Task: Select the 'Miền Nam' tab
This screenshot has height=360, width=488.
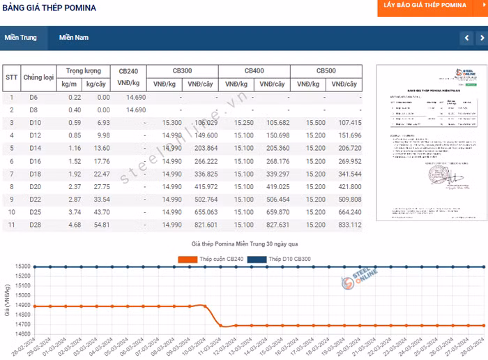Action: coord(74,38)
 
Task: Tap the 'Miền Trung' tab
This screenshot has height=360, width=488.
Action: coord(20,38)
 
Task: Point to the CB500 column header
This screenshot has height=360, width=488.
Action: coord(326,71)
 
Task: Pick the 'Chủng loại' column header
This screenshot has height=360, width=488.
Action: coord(38,77)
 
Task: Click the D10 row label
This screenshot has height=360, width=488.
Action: coord(34,123)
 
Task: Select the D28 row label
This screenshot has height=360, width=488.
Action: coord(34,225)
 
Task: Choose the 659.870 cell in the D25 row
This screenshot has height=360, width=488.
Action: coord(273,212)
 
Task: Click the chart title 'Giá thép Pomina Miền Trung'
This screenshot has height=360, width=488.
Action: coord(244,244)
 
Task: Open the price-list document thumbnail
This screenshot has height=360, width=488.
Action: coord(425,143)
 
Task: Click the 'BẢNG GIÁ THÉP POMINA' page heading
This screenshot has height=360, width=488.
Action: coord(50,8)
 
